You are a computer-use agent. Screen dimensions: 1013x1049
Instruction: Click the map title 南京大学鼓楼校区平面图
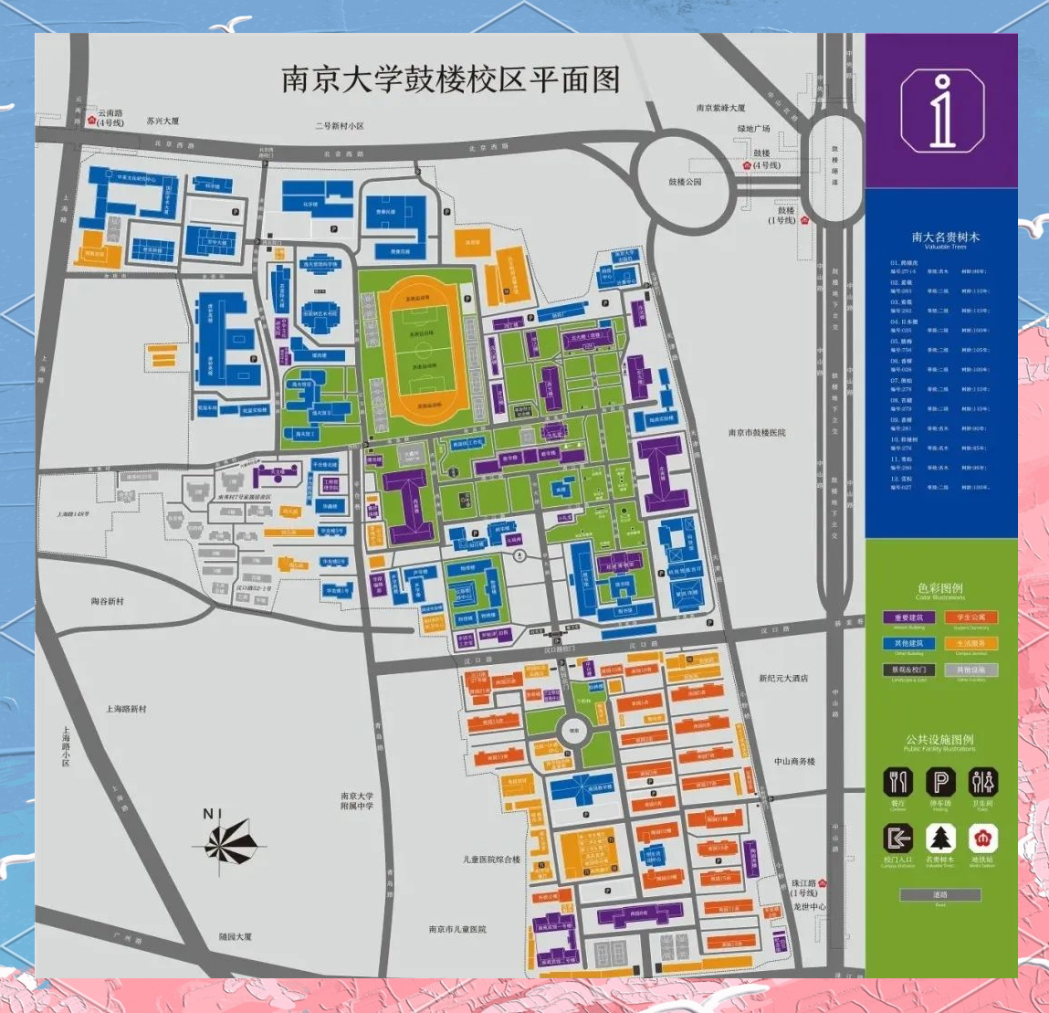click(450, 79)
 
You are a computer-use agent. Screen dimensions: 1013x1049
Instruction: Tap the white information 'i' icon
click(941, 111)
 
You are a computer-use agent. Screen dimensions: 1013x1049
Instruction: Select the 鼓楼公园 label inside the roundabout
click(685, 182)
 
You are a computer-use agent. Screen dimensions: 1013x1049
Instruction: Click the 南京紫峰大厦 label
click(720, 108)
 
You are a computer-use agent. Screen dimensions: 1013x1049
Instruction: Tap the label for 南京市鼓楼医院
click(756, 432)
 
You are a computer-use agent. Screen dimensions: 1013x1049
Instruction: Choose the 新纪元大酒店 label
click(782, 679)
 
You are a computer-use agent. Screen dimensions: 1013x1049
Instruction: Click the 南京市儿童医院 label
click(457, 929)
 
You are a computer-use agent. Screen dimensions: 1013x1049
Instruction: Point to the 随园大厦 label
click(236, 936)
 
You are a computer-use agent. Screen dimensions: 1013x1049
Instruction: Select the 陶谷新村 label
click(108, 601)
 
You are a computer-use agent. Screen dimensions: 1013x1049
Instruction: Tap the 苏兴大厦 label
click(163, 121)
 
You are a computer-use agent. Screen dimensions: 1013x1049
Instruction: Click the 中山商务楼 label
click(794, 761)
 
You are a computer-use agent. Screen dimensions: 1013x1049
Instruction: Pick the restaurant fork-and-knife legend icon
click(898, 782)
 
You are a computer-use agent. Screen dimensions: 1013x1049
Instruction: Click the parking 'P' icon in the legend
click(940, 782)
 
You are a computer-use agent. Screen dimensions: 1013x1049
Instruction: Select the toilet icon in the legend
click(982, 782)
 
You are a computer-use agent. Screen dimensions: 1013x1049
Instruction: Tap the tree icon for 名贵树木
click(940, 838)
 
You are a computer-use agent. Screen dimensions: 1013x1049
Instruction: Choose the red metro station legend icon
click(982, 838)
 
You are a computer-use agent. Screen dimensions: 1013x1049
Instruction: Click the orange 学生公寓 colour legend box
click(971, 617)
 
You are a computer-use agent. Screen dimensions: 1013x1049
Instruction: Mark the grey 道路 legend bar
click(940, 895)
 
